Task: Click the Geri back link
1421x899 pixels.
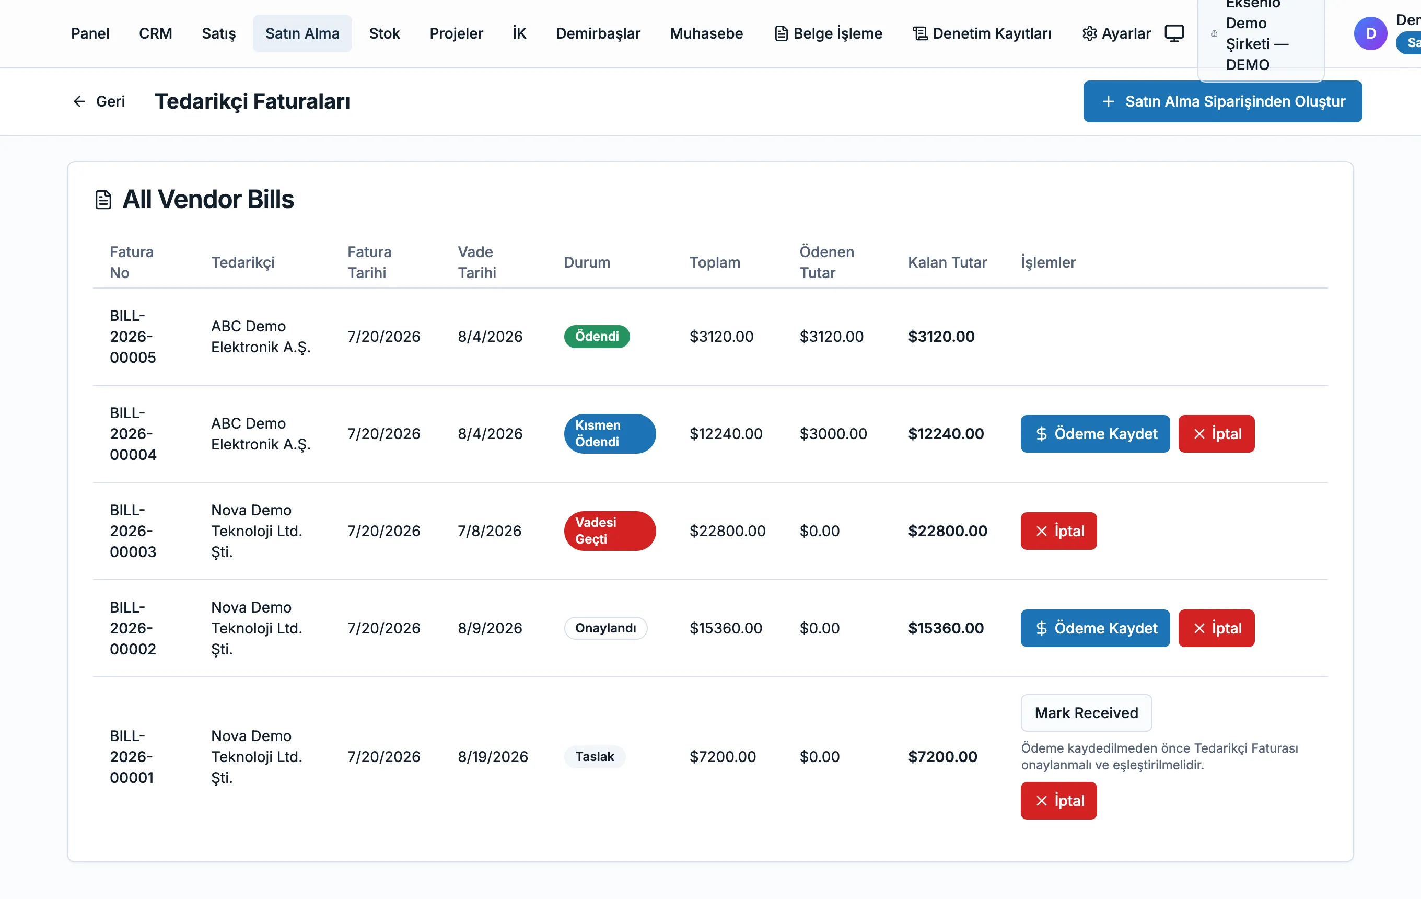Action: click(x=99, y=101)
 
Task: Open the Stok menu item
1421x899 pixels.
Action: click(x=384, y=33)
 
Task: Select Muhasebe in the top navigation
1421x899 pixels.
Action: click(x=706, y=33)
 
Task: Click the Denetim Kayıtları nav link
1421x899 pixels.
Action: click(x=982, y=33)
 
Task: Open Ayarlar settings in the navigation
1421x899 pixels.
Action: click(x=1116, y=33)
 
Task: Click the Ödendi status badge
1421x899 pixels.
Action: click(x=597, y=337)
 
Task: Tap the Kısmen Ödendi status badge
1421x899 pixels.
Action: click(x=610, y=434)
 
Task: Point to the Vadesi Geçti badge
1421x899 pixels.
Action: click(x=610, y=531)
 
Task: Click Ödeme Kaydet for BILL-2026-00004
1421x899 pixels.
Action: click(x=1094, y=434)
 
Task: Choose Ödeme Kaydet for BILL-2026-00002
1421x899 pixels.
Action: click(x=1094, y=628)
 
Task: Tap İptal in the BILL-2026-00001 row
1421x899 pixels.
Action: click(x=1058, y=801)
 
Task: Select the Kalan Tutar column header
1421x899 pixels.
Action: click(x=947, y=263)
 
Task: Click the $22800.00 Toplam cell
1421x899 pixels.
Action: click(x=727, y=531)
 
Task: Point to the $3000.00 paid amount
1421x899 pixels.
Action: click(x=833, y=434)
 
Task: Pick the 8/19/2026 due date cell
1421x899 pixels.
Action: click(x=493, y=757)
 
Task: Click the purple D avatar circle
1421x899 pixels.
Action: click(x=1370, y=33)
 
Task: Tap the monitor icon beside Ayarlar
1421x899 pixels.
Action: click(x=1174, y=33)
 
